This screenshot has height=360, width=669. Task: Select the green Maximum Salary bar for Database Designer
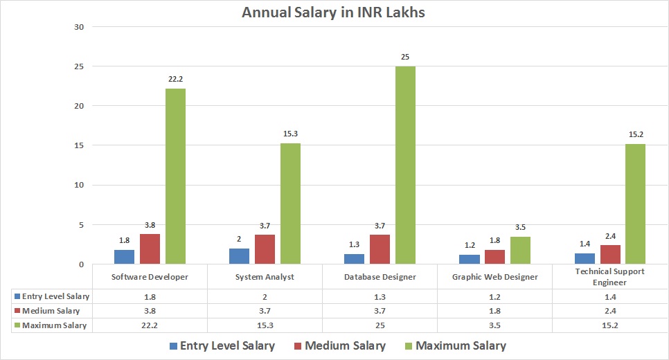(x=405, y=165)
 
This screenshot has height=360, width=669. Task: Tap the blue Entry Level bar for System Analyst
(x=239, y=256)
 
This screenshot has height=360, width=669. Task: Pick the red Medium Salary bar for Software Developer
(x=150, y=249)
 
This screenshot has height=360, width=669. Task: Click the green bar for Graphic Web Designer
(x=520, y=251)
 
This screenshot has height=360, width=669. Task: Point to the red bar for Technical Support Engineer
(x=610, y=255)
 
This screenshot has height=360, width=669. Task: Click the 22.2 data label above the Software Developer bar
(x=175, y=79)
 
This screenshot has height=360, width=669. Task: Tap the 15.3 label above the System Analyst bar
(x=290, y=134)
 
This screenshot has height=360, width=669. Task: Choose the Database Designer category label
(x=380, y=277)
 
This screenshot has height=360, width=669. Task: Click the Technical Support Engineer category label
(x=610, y=277)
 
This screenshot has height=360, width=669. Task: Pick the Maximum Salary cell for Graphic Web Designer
(x=495, y=325)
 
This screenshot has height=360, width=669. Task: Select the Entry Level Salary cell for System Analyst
(x=265, y=296)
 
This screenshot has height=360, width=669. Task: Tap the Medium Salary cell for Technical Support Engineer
(x=610, y=311)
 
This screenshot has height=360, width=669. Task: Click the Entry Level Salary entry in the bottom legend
(x=221, y=345)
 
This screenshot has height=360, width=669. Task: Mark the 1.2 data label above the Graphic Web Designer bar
(x=470, y=245)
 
